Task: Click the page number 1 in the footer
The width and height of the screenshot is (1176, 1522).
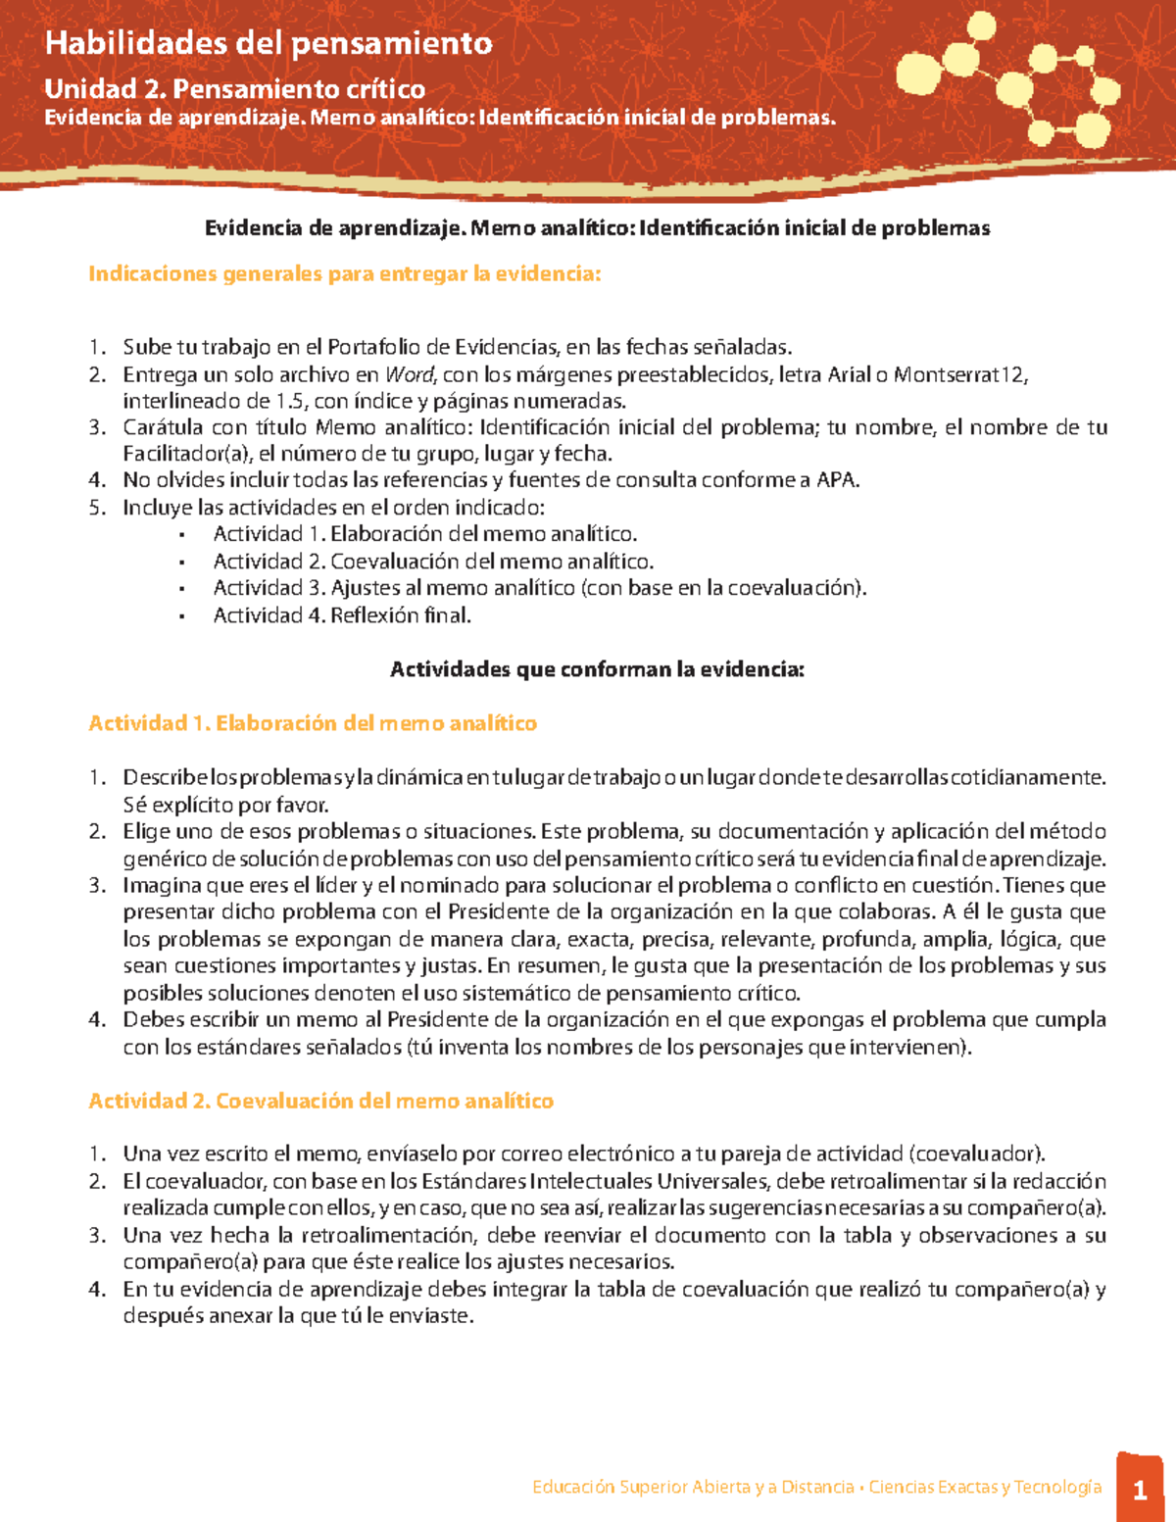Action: [1140, 1491]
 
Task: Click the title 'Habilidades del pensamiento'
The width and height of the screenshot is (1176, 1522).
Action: [269, 43]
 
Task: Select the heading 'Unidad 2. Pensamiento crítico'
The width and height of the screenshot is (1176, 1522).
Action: [234, 89]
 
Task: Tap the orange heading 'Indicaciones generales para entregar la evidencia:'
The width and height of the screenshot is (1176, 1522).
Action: [344, 273]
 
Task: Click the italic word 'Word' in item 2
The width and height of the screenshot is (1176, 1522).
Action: [409, 374]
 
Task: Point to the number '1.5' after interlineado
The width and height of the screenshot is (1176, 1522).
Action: [290, 401]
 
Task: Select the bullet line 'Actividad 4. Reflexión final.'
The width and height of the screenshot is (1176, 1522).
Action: [342, 615]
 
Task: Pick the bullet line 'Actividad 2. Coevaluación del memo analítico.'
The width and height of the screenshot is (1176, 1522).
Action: [433, 562]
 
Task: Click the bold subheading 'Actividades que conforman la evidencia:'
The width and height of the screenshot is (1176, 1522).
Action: [597, 669]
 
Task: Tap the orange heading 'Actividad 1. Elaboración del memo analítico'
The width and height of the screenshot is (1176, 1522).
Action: [313, 723]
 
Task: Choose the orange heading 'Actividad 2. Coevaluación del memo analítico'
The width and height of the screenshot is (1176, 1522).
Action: [320, 1101]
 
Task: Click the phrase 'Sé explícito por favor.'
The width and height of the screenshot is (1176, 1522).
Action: [225, 806]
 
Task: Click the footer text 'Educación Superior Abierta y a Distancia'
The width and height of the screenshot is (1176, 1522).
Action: [693, 1487]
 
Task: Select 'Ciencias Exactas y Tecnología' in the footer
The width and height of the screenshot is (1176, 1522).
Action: [985, 1487]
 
